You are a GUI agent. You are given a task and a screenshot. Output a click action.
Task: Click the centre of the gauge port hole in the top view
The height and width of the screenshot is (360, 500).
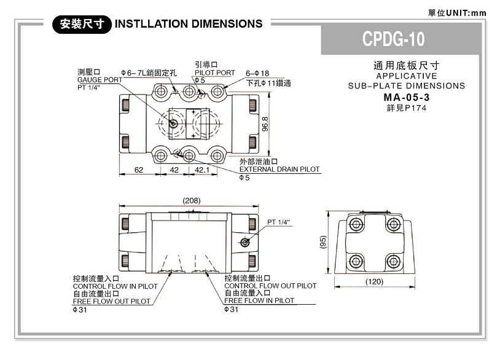coord(173,123)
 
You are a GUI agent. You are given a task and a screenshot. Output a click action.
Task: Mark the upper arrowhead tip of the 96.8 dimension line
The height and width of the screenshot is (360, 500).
coord(270,92)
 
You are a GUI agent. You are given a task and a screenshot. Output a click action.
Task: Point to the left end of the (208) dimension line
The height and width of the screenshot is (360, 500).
coord(119,206)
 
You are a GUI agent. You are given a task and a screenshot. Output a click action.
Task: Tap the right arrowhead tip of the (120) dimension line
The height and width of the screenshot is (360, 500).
coord(415,286)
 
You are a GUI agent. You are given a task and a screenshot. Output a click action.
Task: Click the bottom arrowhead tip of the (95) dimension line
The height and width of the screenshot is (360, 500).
coord(328,273)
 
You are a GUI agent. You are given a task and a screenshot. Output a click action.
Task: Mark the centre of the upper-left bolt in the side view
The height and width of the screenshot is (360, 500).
coord(356,224)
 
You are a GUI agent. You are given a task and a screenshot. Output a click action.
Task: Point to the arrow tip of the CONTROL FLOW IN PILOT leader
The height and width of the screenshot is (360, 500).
coord(171,272)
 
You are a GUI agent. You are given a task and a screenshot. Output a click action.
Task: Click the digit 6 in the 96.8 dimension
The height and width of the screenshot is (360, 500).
coord(265,124)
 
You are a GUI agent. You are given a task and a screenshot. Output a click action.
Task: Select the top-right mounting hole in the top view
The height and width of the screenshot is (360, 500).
coord(217,92)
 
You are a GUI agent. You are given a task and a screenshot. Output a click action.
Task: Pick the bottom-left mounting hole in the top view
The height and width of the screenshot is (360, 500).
coord(160,156)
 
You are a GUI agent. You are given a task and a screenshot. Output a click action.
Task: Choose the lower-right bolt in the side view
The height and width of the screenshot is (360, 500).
coord(393,262)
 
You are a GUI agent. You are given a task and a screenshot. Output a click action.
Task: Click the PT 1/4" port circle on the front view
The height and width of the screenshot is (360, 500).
coord(245,243)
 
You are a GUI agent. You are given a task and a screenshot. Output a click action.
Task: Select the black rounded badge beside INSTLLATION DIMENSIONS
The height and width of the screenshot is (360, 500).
coord(82,24)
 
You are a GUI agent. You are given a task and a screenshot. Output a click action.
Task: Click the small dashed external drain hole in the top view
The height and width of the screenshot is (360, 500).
coord(177,152)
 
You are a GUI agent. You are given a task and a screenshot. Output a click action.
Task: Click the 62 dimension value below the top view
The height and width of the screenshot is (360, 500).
coord(139,170)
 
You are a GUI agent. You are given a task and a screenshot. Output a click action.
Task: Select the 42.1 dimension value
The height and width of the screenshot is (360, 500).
coord(202,170)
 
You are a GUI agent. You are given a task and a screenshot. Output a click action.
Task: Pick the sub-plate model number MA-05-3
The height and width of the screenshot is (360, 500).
coord(407,97)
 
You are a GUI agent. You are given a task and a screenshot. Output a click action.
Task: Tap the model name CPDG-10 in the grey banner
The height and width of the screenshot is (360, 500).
coord(394,39)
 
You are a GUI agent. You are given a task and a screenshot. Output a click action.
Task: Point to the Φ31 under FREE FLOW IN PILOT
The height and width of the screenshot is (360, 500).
coord(231,309)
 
